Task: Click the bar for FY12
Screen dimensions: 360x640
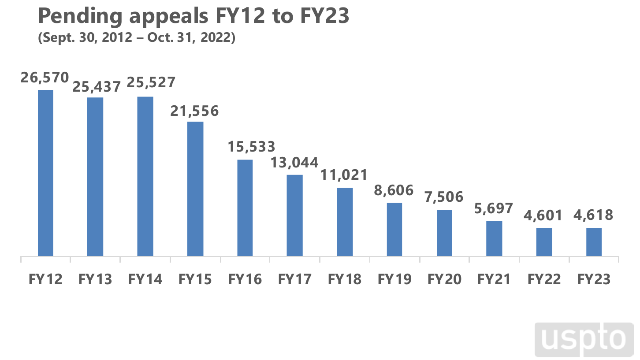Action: (45, 173)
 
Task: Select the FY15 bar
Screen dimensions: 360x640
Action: (195, 189)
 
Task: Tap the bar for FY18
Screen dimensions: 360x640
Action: (345, 222)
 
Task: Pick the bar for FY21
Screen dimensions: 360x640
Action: (494, 238)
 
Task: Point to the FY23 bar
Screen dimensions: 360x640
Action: (594, 242)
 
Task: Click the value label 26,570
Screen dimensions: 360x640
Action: (45, 78)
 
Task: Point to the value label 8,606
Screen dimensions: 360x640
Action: (394, 190)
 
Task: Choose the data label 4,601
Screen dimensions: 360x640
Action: (544, 216)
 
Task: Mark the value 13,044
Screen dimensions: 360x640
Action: (294, 163)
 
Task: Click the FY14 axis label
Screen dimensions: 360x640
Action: (145, 279)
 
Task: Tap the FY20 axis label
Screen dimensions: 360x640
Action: (444, 279)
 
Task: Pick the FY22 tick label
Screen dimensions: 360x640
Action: (544, 279)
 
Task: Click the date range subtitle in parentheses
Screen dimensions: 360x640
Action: (137, 38)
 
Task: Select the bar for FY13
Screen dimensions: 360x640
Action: (95, 177)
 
